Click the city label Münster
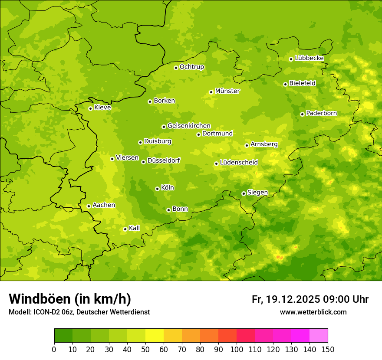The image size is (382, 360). point(227,91)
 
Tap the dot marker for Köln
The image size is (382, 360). point(157,189)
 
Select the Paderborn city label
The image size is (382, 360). point(321,113)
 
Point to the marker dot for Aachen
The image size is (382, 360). point(89,206)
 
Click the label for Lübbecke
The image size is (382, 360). point(309,58)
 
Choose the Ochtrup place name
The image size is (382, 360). point(191,67)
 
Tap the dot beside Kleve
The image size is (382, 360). point(90,108)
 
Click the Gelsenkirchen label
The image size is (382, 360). point(189,126)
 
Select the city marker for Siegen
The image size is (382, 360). point(244,193)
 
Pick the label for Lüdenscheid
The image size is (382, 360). point(239,163)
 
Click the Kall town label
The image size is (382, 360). point(134,228)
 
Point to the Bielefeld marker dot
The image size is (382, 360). point(285,84)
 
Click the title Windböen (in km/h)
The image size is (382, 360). point(70,299)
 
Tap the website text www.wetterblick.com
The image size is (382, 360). point(313,312)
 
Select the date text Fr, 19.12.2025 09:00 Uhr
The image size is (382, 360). point(310,299)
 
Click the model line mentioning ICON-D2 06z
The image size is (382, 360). point(79,312)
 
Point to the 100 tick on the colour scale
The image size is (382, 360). point(237,350)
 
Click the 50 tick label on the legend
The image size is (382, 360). point(145,350)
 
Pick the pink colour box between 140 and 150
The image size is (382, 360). point(319,336)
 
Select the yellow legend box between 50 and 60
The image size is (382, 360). point(155,336)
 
